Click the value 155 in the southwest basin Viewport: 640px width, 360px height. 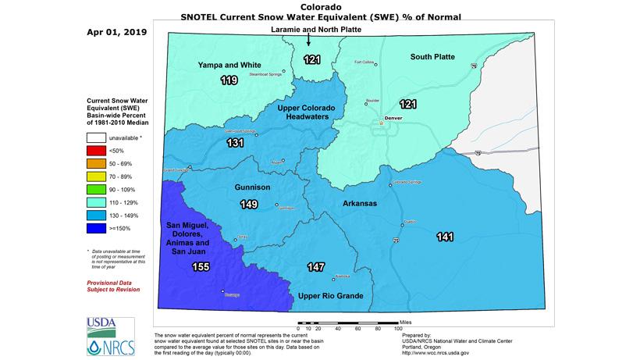[201, 267]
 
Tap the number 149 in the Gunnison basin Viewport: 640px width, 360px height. [249, 205]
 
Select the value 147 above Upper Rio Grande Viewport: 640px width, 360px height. [316, 267]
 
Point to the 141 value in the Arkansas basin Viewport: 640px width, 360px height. [445, 237]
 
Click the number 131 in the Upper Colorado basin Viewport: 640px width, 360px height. [235, 143]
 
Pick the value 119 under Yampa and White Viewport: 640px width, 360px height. [229, 80]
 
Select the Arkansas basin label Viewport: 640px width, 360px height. [360, 203]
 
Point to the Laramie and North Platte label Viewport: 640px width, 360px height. [309, 30]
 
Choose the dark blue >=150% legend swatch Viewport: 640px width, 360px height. [96, 229]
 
